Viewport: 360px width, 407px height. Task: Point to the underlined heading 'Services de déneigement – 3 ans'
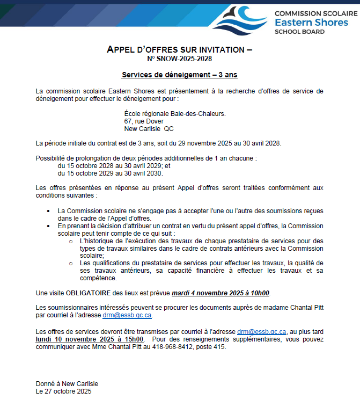(x=179, y=75)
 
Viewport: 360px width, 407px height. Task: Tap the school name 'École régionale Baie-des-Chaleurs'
(x=175, y=114)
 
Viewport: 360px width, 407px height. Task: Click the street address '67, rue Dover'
(x=144, y=121)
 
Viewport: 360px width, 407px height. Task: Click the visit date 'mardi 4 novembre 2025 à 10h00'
(x=221, y=293)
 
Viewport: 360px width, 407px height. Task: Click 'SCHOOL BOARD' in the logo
(x=299, y=32)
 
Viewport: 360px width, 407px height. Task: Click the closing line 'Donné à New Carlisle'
(x=67, y=384)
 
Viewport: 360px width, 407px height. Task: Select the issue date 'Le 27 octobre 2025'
(x=63, y=391)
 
